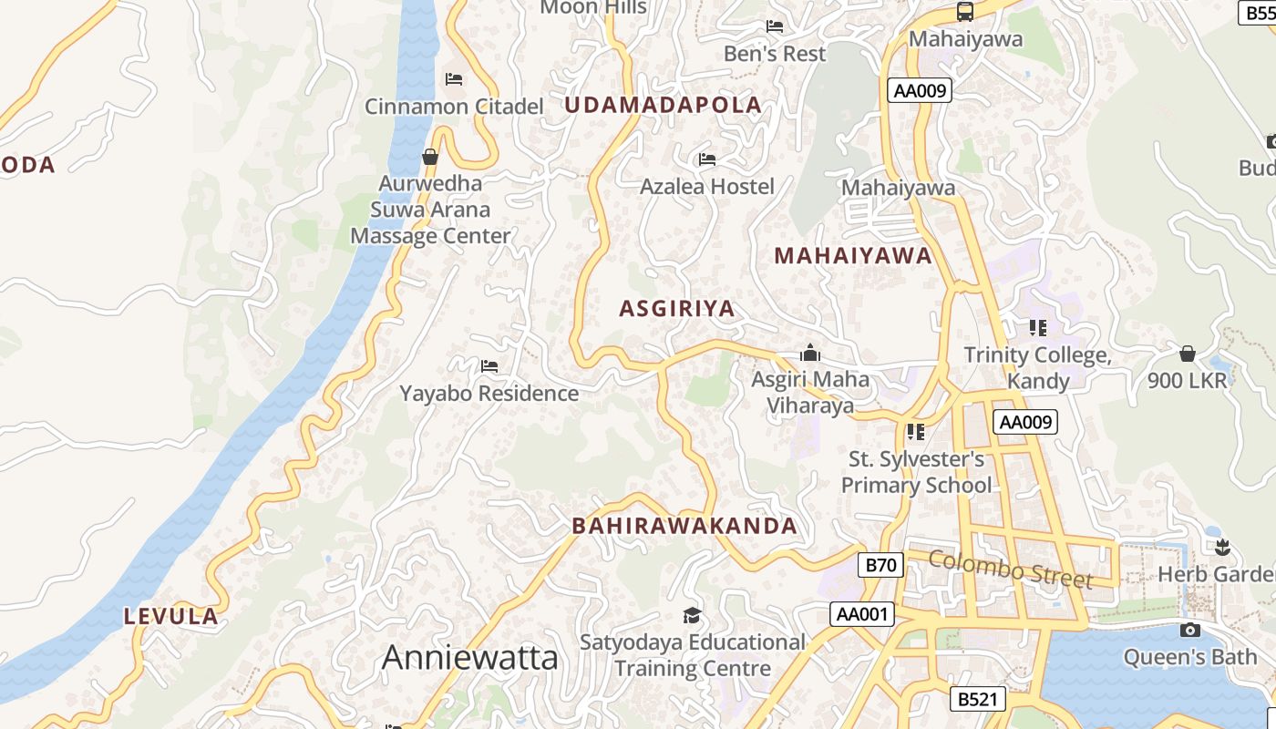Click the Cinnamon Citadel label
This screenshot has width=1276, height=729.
click(454, 107)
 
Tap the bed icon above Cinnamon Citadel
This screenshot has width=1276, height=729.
click(454, 79)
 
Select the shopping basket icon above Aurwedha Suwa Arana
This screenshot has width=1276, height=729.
click(430, 158)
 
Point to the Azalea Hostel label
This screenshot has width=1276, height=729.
click(706, 187)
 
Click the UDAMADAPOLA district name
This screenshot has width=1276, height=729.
click(663, 105)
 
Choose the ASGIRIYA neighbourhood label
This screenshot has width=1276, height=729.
click(677, 309)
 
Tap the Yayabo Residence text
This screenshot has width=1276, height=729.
click(489, 394)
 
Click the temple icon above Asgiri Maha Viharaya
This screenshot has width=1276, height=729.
click(809, 353)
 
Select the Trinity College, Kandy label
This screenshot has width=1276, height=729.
click(1037, 367)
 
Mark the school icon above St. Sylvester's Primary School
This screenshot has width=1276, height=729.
click(916, 431)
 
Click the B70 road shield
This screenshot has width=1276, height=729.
click(880, 565)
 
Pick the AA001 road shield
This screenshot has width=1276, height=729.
click(861, 614)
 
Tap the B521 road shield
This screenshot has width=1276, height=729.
click(978, 699)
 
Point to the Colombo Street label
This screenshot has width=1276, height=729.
click(1011, 570)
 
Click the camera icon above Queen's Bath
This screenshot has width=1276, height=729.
click(1189, 630)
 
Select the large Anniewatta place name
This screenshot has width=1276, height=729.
click(469, 657)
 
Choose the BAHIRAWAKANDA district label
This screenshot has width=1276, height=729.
click(684, 526)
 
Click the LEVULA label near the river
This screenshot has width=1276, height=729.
click(171, 616)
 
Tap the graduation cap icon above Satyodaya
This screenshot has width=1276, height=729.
click(692, 615)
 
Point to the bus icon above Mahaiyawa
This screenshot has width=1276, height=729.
click(965, 12)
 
